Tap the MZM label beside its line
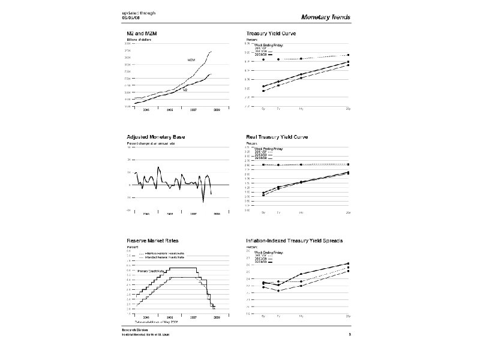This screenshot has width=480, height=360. (x=191, y=60)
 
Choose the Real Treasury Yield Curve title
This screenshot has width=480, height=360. (x=277, y=137)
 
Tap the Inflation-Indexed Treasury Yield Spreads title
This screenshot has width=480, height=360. (x=294, y=241)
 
